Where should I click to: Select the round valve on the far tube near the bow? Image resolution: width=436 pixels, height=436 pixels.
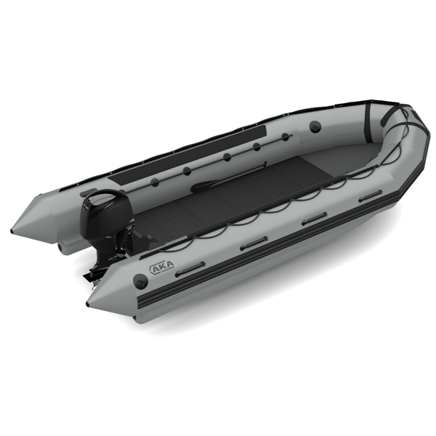pos(315,126)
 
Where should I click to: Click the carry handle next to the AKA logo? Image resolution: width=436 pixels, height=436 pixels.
pos(190,268)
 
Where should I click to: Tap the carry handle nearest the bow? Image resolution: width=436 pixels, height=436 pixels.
pos(370,195)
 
